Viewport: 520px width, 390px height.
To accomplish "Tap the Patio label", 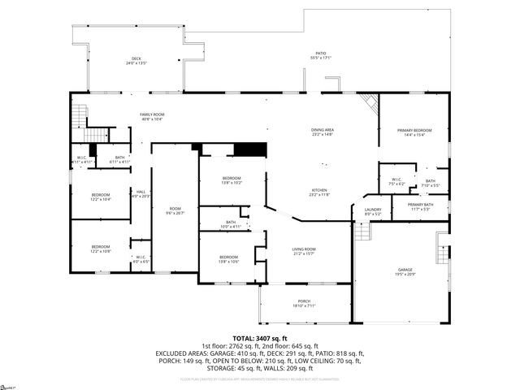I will tap(321, 54).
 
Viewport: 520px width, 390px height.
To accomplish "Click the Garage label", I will tap(405, 271).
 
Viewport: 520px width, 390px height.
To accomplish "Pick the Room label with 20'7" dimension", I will tap(175, 210).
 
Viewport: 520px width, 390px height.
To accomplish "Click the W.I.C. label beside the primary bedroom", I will tap(396, 181).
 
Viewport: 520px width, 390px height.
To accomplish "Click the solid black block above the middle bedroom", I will tap(250, 149).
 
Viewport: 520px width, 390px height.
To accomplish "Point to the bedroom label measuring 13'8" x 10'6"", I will tap(228, 260).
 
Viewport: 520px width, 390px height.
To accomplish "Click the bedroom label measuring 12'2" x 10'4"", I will tap(101, 197).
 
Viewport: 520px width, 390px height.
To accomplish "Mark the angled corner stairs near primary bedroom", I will tap(370, 103).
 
